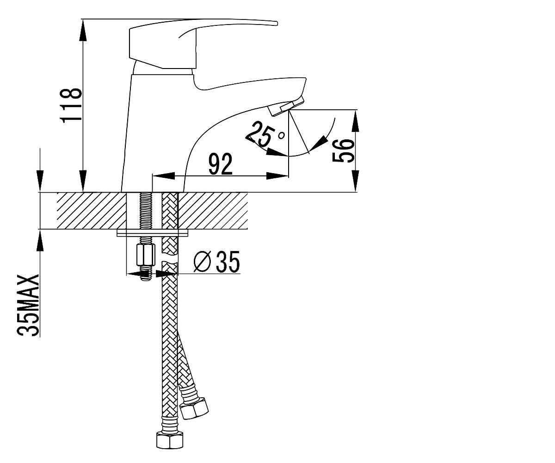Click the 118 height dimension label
[71, 106]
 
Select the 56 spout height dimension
[344, 150]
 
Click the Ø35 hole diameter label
[217, 262]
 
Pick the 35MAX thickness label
[28, 306]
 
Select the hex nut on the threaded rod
[146, 255]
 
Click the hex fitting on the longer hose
[170, 441]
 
